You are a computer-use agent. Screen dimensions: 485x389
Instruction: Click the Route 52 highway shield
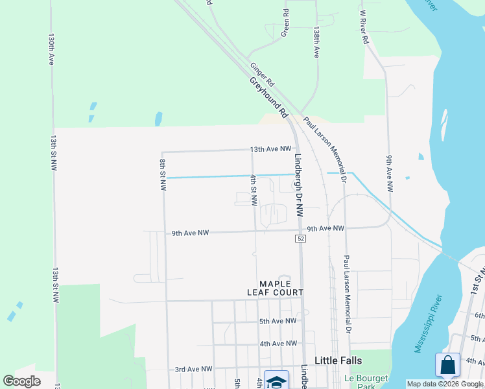300,239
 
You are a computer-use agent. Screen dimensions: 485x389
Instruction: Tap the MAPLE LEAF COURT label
281,288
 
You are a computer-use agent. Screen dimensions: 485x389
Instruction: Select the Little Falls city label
338,360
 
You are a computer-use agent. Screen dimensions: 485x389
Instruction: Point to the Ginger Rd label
263,75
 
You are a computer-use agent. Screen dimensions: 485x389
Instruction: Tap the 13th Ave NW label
271,149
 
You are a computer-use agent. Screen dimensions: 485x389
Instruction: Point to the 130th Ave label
51,49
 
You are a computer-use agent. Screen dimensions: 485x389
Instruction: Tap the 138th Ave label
316,43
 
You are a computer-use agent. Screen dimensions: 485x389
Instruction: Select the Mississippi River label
429,324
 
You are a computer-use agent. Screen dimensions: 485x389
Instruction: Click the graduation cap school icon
276,382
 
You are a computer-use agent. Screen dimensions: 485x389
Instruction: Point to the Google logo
22,381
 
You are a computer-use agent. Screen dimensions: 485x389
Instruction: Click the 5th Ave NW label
278,321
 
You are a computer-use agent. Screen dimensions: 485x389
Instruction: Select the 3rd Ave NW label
193,369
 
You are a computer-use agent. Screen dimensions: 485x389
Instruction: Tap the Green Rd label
285,23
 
